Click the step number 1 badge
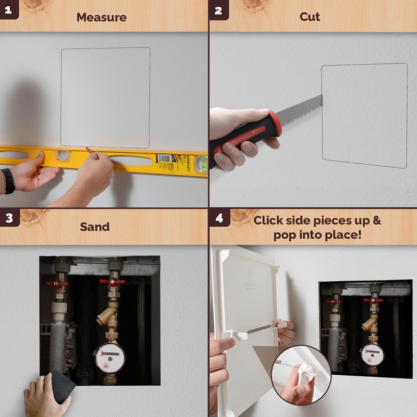pyautogui.click(x=9, y=9)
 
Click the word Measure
pyautogui.click(x=101, y=17)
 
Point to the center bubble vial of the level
pyautogui.click(x=63, y=155)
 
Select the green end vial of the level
pyautogui.click(x=201, y=164)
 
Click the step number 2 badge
pyautogui.click(x=218, y=9)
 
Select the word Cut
pyautogui.click(x=310, y=17)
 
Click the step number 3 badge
pyautogui.click(x=9, y=218)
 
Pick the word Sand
pyautogui.click(x=94, y=227)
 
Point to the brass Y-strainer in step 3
pyautogui.click(x=107, y=316)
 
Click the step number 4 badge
pyautogui.click(x=219, y=218)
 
